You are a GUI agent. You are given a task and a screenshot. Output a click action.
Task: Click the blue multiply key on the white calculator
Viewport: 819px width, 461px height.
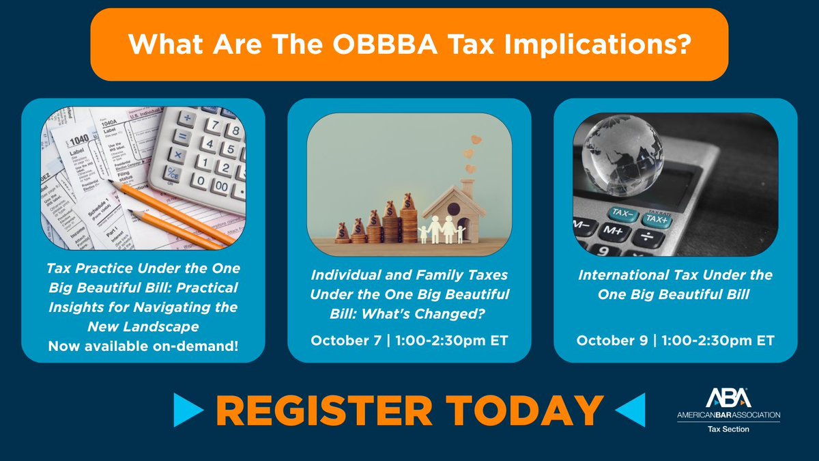[x=176, y=155]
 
